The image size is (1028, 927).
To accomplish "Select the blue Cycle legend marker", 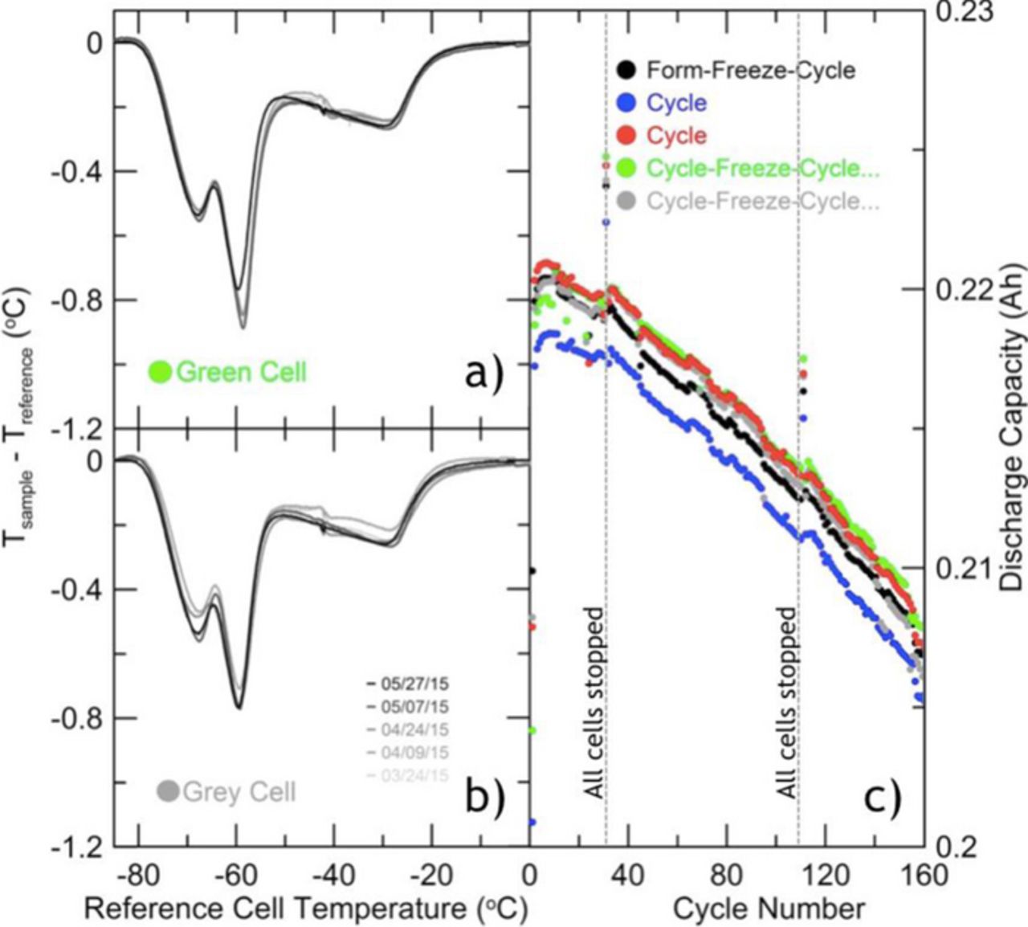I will pos(629,103).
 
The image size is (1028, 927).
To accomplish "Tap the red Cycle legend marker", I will pos(629,136).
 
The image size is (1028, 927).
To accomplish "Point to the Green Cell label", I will pos(240,372).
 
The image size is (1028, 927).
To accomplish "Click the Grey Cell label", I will pos(239,791).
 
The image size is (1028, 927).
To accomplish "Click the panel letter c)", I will pos(882,794).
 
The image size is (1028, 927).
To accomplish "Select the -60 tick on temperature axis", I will pos(237,874).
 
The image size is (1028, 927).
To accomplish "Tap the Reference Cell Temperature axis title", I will pos(306,909).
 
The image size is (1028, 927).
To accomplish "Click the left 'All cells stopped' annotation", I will pos(594,703).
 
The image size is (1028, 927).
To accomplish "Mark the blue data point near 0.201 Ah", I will pos(532,822).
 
